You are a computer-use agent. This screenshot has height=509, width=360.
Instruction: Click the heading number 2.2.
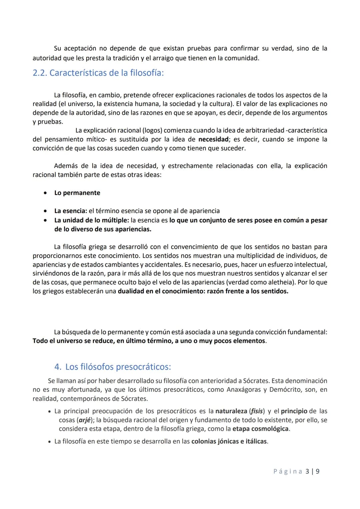(x=40, y=73)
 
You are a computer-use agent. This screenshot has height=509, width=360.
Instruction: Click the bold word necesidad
(x=213, y=139)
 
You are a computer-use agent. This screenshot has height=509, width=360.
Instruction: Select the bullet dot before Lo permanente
(x=45, y=193)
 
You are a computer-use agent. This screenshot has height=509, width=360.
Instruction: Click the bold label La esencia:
(x=70, y=211)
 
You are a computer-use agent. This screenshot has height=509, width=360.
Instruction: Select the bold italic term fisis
(x=257, y=411)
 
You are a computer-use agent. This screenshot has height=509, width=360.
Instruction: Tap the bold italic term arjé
(x=85, y=420)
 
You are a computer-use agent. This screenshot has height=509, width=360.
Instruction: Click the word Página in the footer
(x=288, y=471)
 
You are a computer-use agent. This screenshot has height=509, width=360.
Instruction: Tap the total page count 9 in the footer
(x=318, y=471)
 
